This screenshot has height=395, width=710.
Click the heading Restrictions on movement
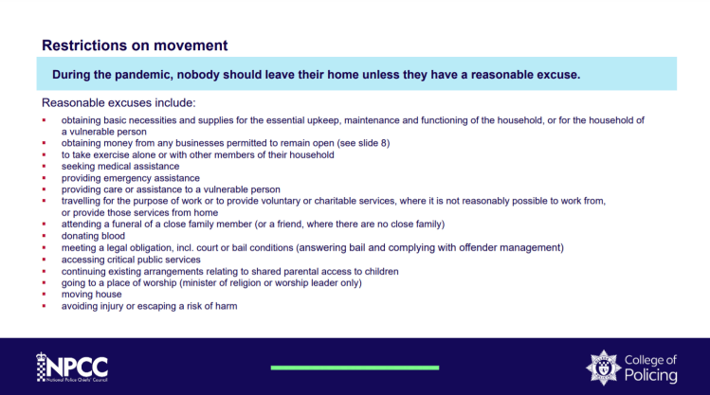click(135, 45)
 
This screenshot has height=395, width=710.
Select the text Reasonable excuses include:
click(118, 102)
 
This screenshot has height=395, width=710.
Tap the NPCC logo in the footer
click(71, 367)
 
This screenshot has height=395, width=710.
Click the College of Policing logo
click(631, 367)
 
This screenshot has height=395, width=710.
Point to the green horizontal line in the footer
click(355, 367)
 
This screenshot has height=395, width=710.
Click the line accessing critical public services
click(131, 260)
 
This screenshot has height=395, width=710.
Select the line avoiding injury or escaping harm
click(149, 306)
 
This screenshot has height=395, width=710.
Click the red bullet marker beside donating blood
click(44, 236)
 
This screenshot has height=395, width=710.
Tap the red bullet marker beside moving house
click(44, 295)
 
